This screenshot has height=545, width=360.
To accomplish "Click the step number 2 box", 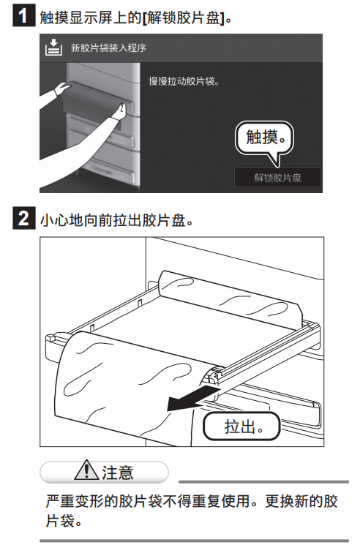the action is click(x=24, y=218).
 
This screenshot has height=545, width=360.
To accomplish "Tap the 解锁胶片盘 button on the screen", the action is click(x=277, y=178).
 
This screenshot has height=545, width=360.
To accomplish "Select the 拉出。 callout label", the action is click(x=241, y=426).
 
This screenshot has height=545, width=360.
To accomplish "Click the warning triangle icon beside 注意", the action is click(x=86, y=470).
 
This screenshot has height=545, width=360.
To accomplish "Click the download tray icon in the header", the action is click(x=53, y=48).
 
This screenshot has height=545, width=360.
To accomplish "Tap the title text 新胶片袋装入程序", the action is click(x=108, y=48).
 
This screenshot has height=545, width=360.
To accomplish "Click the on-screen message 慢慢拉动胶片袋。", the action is click(x=184, y=81).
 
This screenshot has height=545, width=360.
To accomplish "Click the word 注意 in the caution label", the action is click(x=118, y=473).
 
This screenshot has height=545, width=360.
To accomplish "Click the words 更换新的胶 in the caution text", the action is click(x=301, y=501).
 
